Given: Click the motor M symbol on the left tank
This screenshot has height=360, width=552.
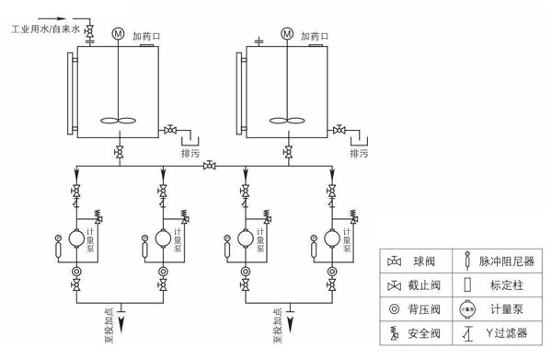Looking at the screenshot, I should [x=118, y=34].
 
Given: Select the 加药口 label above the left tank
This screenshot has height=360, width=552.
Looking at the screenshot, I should [x=147, y=34].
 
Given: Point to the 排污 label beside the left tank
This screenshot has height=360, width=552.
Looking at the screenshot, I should [x=192, y=153].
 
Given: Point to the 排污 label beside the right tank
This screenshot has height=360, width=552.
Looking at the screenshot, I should [x=361, y=153].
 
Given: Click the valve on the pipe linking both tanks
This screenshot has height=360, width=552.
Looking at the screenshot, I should [x=211, y=166].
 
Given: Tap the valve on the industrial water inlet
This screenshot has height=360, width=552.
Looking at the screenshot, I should [x=90, y=33].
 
